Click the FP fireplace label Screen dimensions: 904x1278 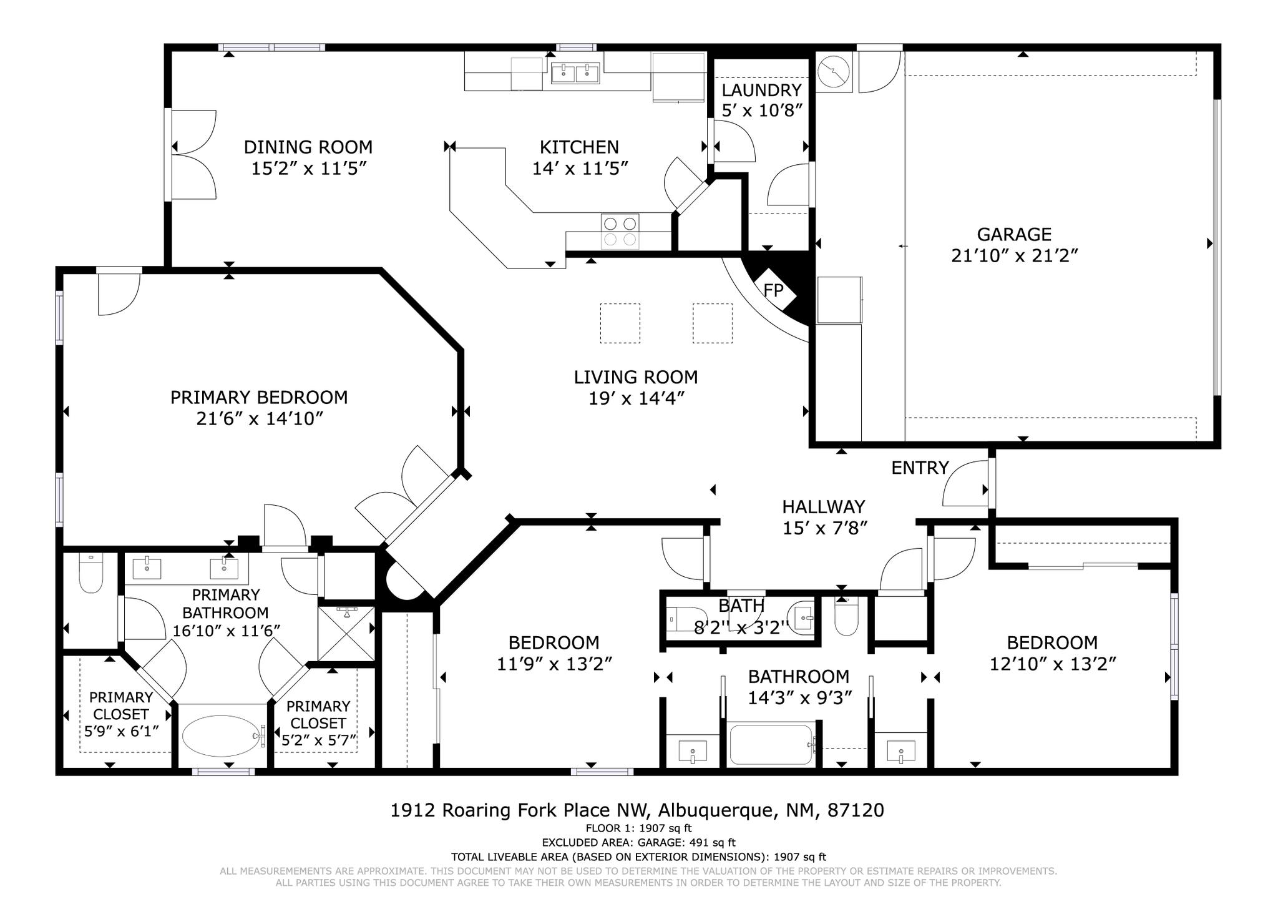click(x=773, y=290)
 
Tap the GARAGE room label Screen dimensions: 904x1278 click(x=1014, y=234)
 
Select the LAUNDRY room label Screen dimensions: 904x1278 click(x=761, y=90)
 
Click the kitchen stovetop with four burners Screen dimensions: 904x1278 click(x=620, y=231)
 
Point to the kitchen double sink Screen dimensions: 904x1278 click(x=575, y=73)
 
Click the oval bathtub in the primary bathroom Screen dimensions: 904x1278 click(x=222, y=735)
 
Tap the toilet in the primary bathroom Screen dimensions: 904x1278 click(x=91, y=574)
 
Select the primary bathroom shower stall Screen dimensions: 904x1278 click(x=346, y=634)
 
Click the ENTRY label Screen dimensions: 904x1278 click(x=920, y=468)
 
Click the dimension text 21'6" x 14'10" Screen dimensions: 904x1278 click(x=259, y=418)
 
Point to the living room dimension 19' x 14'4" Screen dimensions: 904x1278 click(x=637, y=398)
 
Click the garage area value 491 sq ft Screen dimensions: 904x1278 click(x=713, y=843)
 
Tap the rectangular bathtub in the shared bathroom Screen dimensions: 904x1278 click(x=771, y=744)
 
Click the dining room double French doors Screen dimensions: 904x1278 click(x=193, y=155)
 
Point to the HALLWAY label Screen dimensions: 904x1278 click(x=824, y=506)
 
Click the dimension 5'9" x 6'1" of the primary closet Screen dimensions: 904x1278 click(x=121, y=730)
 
